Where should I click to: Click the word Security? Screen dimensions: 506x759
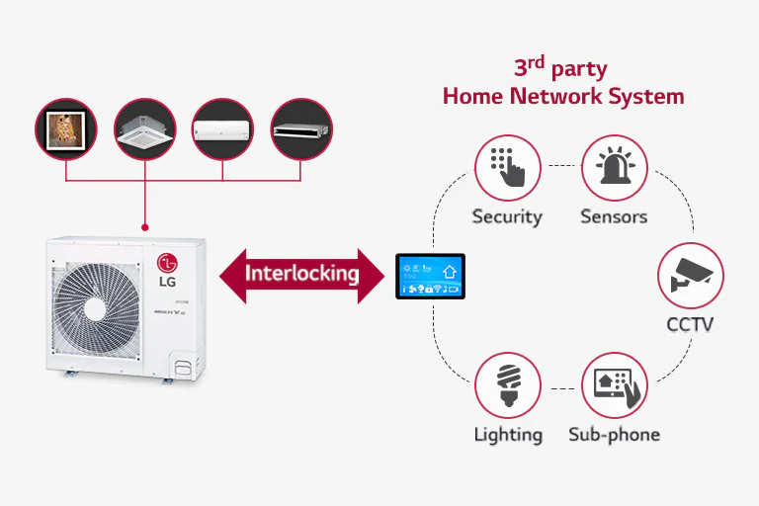click(x=507, y=216)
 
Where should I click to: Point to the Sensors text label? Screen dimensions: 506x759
click(x=614, y=216)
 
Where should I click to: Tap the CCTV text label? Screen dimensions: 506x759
click(x=690, y=324)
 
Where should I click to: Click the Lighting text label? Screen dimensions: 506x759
click(x=507, y=434)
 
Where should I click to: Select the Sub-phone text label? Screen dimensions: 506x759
click(x=614, y=434)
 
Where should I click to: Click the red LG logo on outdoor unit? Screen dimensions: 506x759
click(x=169, y=264)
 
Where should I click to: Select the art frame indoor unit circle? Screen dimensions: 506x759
click(x=66, y=129)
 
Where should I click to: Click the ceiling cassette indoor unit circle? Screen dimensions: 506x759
click(x=144, y=129)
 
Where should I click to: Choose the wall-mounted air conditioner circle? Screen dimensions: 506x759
click(x=222, y=129)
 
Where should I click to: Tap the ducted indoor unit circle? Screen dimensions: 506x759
click(x=300, y=129)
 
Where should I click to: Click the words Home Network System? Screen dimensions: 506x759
click(x=562, y=96)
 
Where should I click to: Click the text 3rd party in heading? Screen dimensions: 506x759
click(x=559, y=69)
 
